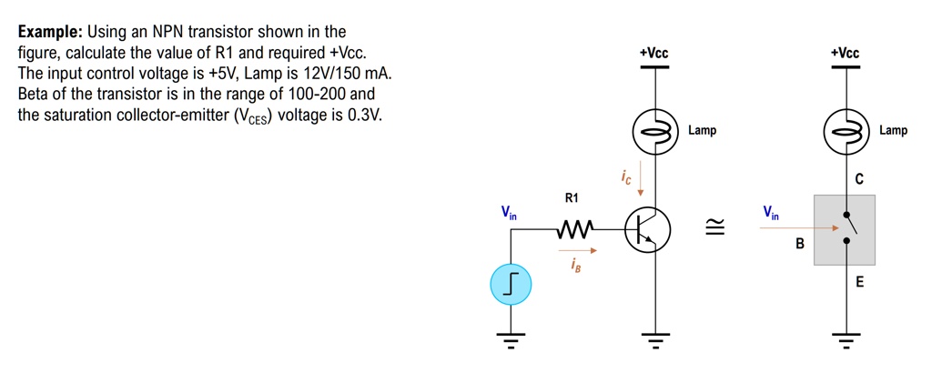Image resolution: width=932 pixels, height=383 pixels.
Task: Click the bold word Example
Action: point(49,32)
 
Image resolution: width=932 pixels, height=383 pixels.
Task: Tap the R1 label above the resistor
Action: point(571,197)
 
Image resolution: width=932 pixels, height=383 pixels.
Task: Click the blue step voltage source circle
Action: point(511,286)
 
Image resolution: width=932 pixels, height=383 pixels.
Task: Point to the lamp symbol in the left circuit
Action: point(655,135)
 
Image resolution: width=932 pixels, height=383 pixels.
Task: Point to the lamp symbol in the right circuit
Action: point(846,135)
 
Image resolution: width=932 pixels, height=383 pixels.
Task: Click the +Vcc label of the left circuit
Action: point(654,54)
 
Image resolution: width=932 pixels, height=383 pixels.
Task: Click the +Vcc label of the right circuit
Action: point(845,54)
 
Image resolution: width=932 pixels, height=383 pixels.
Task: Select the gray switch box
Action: point(845,230)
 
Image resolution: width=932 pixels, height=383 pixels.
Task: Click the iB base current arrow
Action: point(575,251)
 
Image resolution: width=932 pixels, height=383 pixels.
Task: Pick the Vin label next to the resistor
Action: point(508,214)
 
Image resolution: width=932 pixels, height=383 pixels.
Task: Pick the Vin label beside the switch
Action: point(772,214)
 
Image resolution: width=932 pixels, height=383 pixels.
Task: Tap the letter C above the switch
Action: point(858,179)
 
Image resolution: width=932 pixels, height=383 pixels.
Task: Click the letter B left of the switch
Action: point(800,244)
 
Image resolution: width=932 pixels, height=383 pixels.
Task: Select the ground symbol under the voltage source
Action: point(511,341)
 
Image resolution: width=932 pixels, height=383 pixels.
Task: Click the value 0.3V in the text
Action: point(364,116)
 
